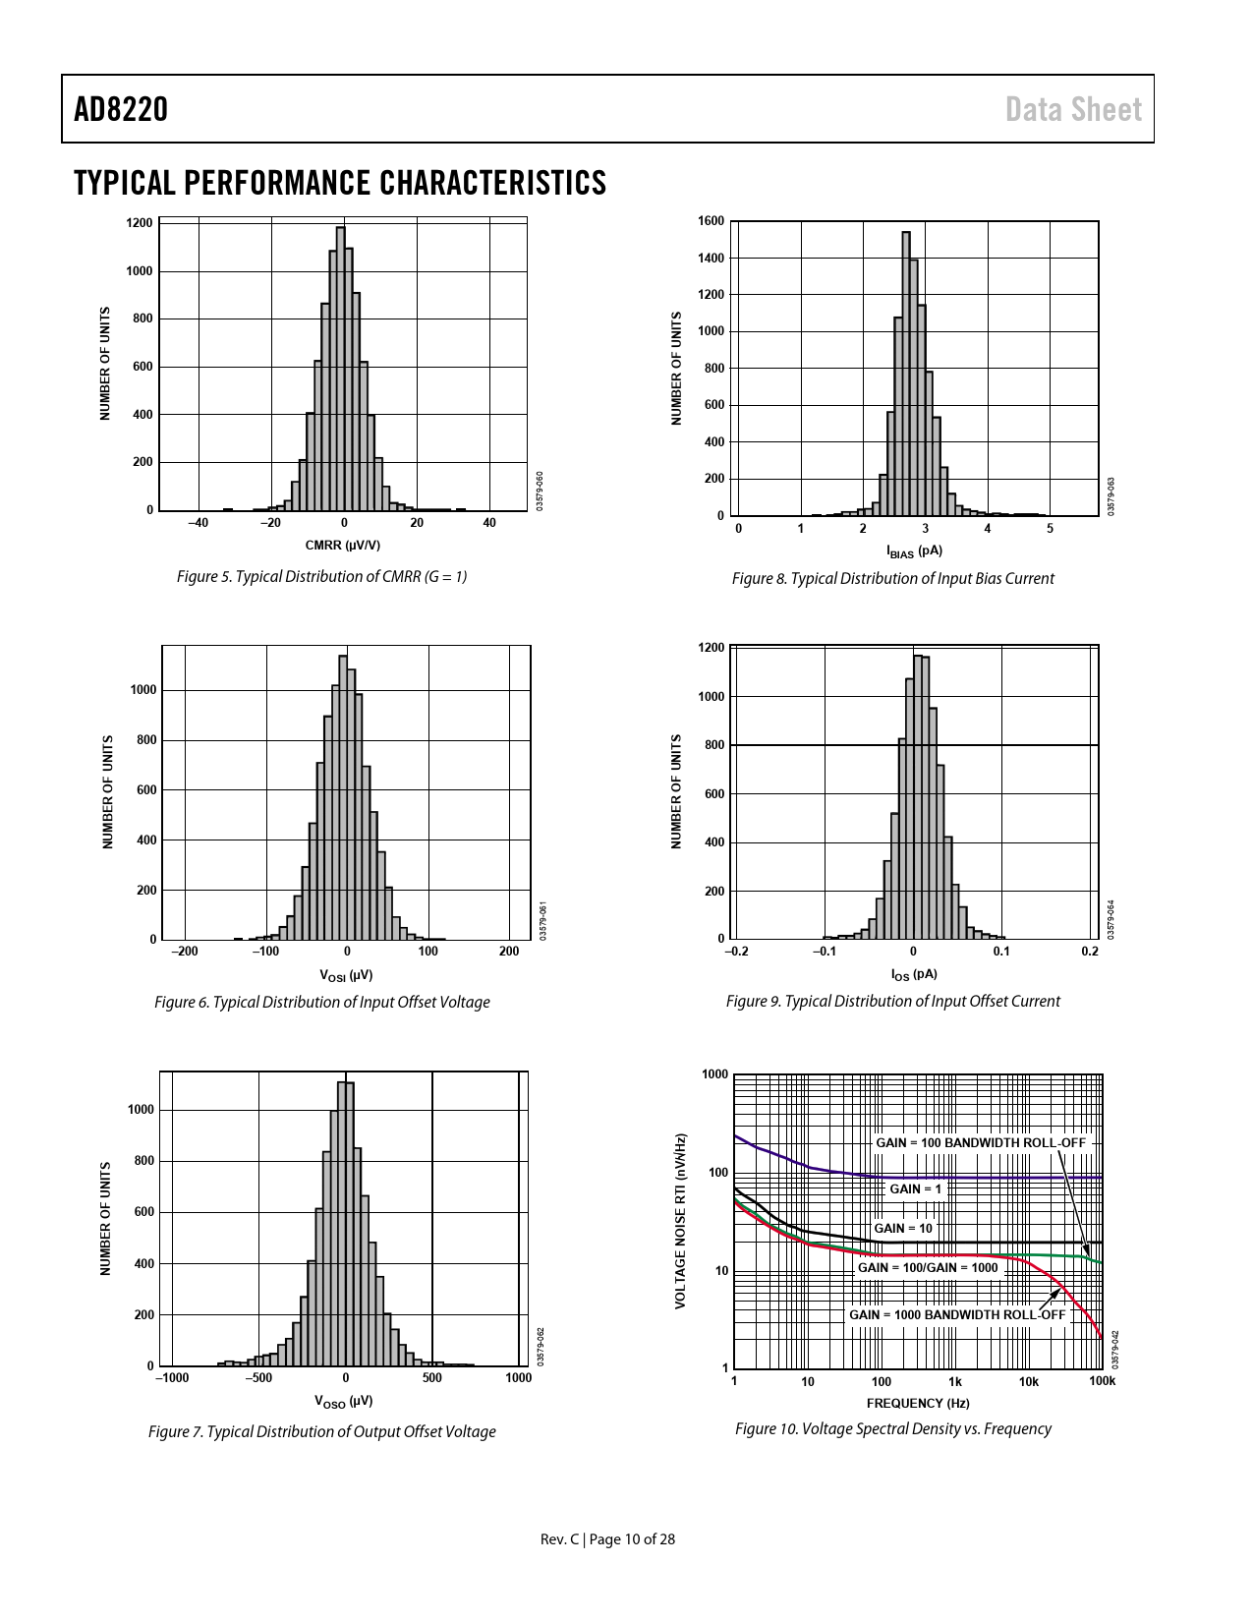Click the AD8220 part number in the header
[121, 109]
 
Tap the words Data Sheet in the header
[1073, 109]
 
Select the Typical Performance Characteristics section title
[340, 183]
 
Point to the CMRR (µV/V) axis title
[342, 546]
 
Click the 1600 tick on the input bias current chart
[711, 221]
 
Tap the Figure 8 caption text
[892, 578]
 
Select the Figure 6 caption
[321, 1002]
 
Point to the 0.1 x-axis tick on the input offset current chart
[1000, 952]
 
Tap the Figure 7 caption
[321, 1431]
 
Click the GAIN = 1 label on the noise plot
[915, 1189]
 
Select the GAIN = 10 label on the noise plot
[902, 1228]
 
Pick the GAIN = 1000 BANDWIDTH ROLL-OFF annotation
[956, 1314]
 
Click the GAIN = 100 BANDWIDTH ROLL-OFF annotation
[980, 1143]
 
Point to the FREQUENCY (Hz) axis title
[917, 1403]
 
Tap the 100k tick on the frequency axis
[1102, 1381]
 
